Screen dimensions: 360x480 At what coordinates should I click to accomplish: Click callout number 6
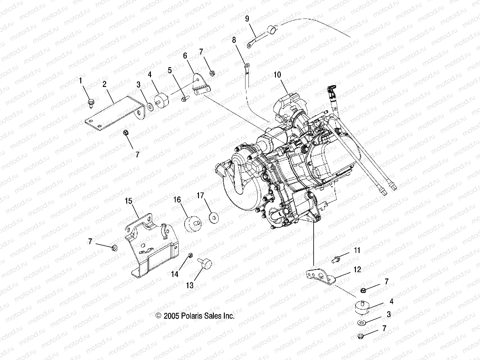pos(185,56)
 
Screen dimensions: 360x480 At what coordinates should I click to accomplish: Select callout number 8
pos(234,40)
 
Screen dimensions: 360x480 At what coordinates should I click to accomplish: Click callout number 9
pos(247,19)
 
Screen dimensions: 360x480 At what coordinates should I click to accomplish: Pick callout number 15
pos(128,201)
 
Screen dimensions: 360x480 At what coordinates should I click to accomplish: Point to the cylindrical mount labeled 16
pos(193,224)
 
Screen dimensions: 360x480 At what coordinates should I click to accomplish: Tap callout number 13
pos(190,286)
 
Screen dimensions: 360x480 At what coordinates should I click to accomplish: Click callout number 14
pos(174,274)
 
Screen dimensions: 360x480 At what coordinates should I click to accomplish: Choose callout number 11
pos(357,250)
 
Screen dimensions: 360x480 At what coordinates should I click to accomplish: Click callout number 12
pos(357,269)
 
